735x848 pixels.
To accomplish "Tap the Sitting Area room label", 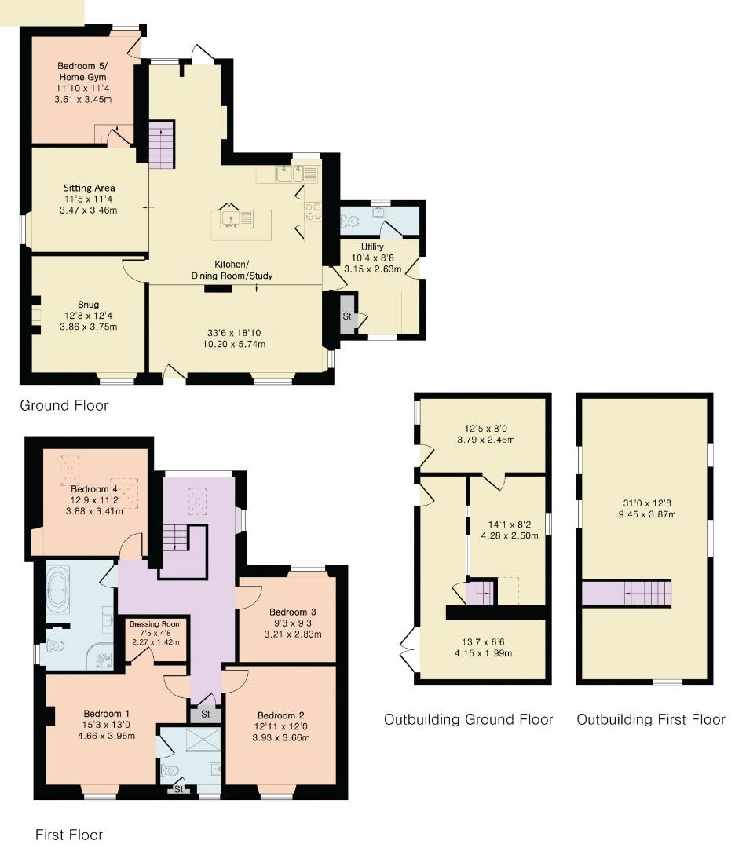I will click(90, 188).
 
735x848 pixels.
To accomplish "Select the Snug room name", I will click(88, 305).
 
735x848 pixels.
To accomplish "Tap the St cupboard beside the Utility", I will click(347, 316).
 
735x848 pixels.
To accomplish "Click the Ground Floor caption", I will click(64, 406).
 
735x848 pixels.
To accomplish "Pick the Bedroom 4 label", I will click(88, 489).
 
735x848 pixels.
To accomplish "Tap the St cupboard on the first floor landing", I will click(206, 715).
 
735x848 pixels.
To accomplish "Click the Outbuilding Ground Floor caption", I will click(469, 720).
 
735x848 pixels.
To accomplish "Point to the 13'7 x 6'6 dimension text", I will click(482, 641).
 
